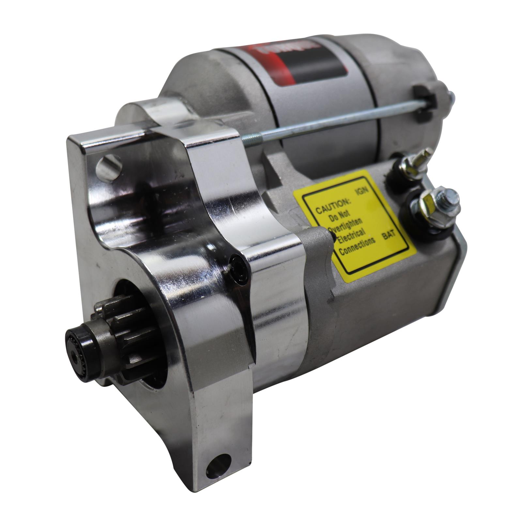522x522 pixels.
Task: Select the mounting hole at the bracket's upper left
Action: pyautogui.click(x=109, y=168)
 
